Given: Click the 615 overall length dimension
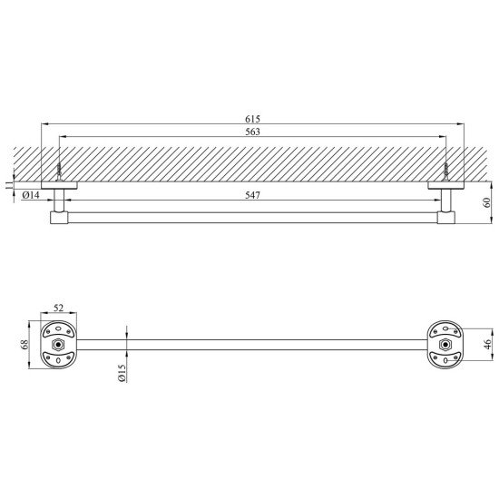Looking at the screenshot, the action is pos(252,119).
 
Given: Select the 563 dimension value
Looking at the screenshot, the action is pos(252,132).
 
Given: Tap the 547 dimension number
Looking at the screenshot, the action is pos(252,195).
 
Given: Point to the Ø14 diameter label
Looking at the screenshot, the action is pos(31,195).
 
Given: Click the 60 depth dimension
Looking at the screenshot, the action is pos(487,202).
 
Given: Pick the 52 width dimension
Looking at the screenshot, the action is pos(59,308).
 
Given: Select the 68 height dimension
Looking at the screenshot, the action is pos(24,345).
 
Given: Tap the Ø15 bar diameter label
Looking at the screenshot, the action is pos(122,373).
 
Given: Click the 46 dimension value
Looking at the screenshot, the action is pos(487,345).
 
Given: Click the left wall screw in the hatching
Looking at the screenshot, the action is pos(59,171).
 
